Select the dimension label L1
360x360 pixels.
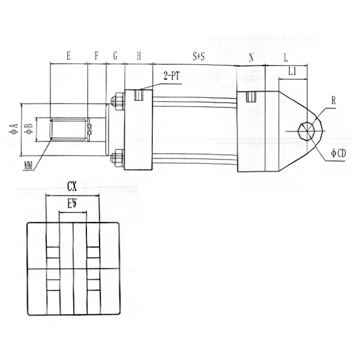(x=293, y=71)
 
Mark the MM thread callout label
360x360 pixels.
(x=28, y=164)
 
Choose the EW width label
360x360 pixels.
(x=73, y=204)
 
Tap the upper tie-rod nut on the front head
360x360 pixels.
(x=117, y=101)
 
